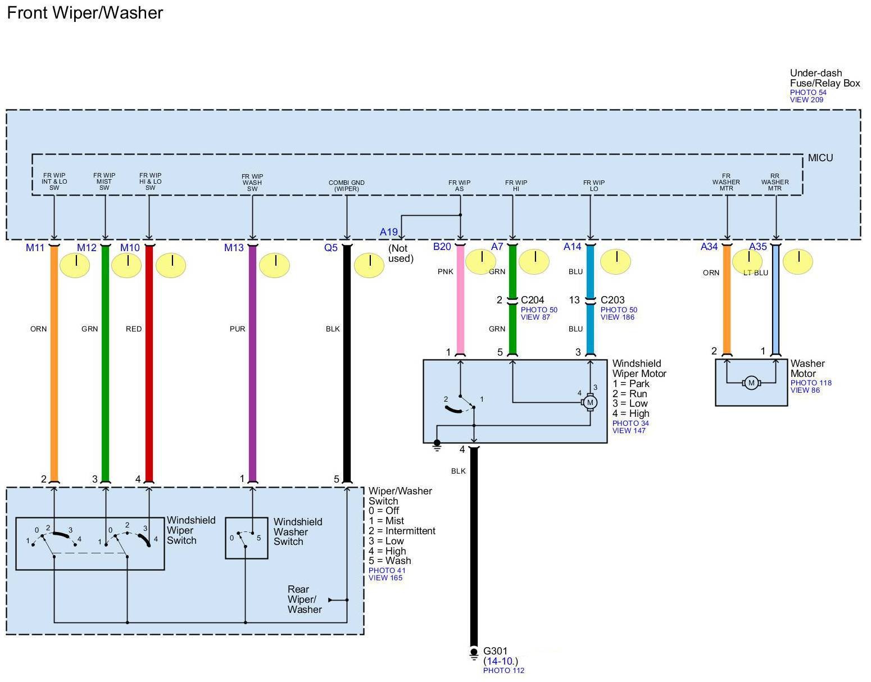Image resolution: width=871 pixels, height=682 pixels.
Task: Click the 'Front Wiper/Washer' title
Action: tap(85, 13)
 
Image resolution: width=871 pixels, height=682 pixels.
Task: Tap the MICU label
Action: tap(820, 158)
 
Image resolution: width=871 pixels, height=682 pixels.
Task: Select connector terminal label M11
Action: tap(35, 248)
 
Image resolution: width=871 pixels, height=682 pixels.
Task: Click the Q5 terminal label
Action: tap(331, 248)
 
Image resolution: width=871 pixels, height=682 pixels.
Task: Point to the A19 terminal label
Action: tap(388, 232)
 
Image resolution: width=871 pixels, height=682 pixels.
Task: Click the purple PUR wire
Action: tap(252, 365)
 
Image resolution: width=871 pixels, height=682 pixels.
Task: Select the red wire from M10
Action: tap(149, 365)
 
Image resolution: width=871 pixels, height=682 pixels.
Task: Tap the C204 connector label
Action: tap(532, 300)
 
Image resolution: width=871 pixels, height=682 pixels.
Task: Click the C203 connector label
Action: tap(613, 300)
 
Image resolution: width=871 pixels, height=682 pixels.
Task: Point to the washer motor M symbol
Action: tap(751, 383)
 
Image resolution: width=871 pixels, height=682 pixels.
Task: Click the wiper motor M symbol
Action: tap(589, 402)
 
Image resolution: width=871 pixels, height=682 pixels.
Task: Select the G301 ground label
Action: tap(495, 652)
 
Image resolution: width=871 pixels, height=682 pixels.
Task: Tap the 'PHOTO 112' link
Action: tap(503, 670)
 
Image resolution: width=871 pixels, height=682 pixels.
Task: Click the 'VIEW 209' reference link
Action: tap(806, 100)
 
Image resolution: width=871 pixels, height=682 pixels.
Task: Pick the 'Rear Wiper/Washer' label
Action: tap(305, 599)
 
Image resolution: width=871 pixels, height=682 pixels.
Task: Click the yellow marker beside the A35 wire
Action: tap(798, 262)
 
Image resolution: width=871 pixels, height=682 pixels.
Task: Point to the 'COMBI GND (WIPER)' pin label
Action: tap(347, 186)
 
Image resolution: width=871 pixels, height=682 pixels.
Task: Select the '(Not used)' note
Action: tap(401, 253)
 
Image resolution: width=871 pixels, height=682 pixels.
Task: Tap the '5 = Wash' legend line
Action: tap(389, 561)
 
